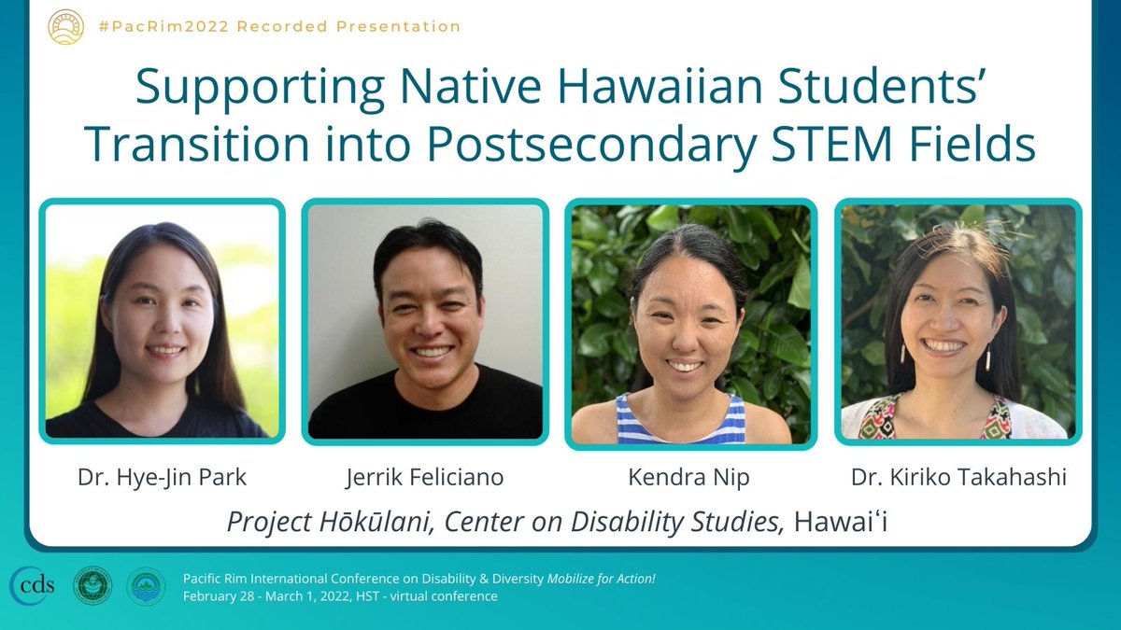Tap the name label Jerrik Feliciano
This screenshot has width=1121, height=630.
coord(425,478)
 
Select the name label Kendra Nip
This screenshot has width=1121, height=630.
coord(690,478)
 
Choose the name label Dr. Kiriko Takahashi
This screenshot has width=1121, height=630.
coord(958,478)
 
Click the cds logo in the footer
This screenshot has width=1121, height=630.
coord(34,585)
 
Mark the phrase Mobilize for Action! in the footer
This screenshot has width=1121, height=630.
coord(603,579)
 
